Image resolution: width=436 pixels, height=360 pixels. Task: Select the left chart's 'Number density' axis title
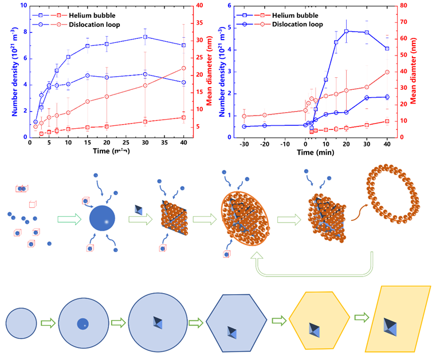point(8,72)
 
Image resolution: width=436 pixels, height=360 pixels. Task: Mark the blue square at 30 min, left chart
point(145,37)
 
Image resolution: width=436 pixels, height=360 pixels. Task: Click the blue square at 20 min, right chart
point(347,31)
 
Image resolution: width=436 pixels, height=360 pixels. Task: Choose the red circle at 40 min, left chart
point(183,68)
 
